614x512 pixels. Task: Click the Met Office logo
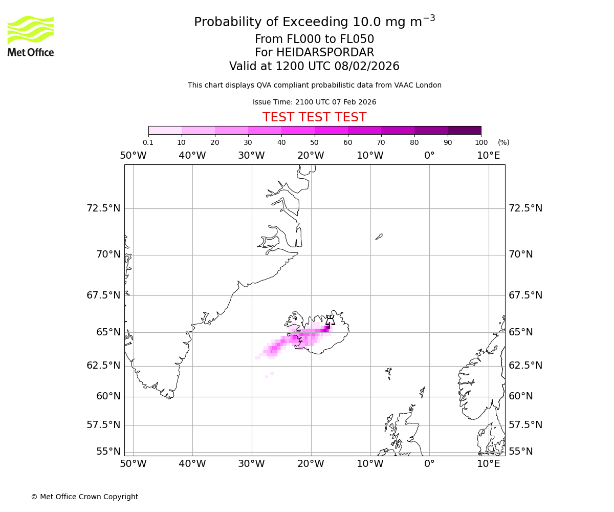tap(31, 36)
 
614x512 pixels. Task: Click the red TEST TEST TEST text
tap(314, 117)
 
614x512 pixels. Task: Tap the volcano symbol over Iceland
tap(330, 321)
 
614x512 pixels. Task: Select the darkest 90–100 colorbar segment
tap(464, 130)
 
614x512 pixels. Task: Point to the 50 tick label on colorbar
tap(314, 142)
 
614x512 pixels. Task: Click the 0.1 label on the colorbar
tap(148, 142)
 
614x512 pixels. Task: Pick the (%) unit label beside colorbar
tap(503, 142)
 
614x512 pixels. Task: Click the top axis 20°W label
tap(311, 155)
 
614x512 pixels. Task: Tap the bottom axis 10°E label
tap(488, 464)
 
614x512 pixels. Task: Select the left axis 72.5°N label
tap(103, 208)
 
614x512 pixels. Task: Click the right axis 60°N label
tap(520, 396)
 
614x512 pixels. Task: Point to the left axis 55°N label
tap(108, 452)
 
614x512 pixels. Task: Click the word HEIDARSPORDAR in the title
tap(325, 53)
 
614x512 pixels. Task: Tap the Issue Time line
tap(314, 102)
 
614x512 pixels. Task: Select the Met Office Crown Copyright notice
tap(84, 497)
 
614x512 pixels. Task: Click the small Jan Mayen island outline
tap(379, 237)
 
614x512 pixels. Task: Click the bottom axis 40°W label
tap(192, 464)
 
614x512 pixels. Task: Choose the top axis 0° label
tap(429, 155)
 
